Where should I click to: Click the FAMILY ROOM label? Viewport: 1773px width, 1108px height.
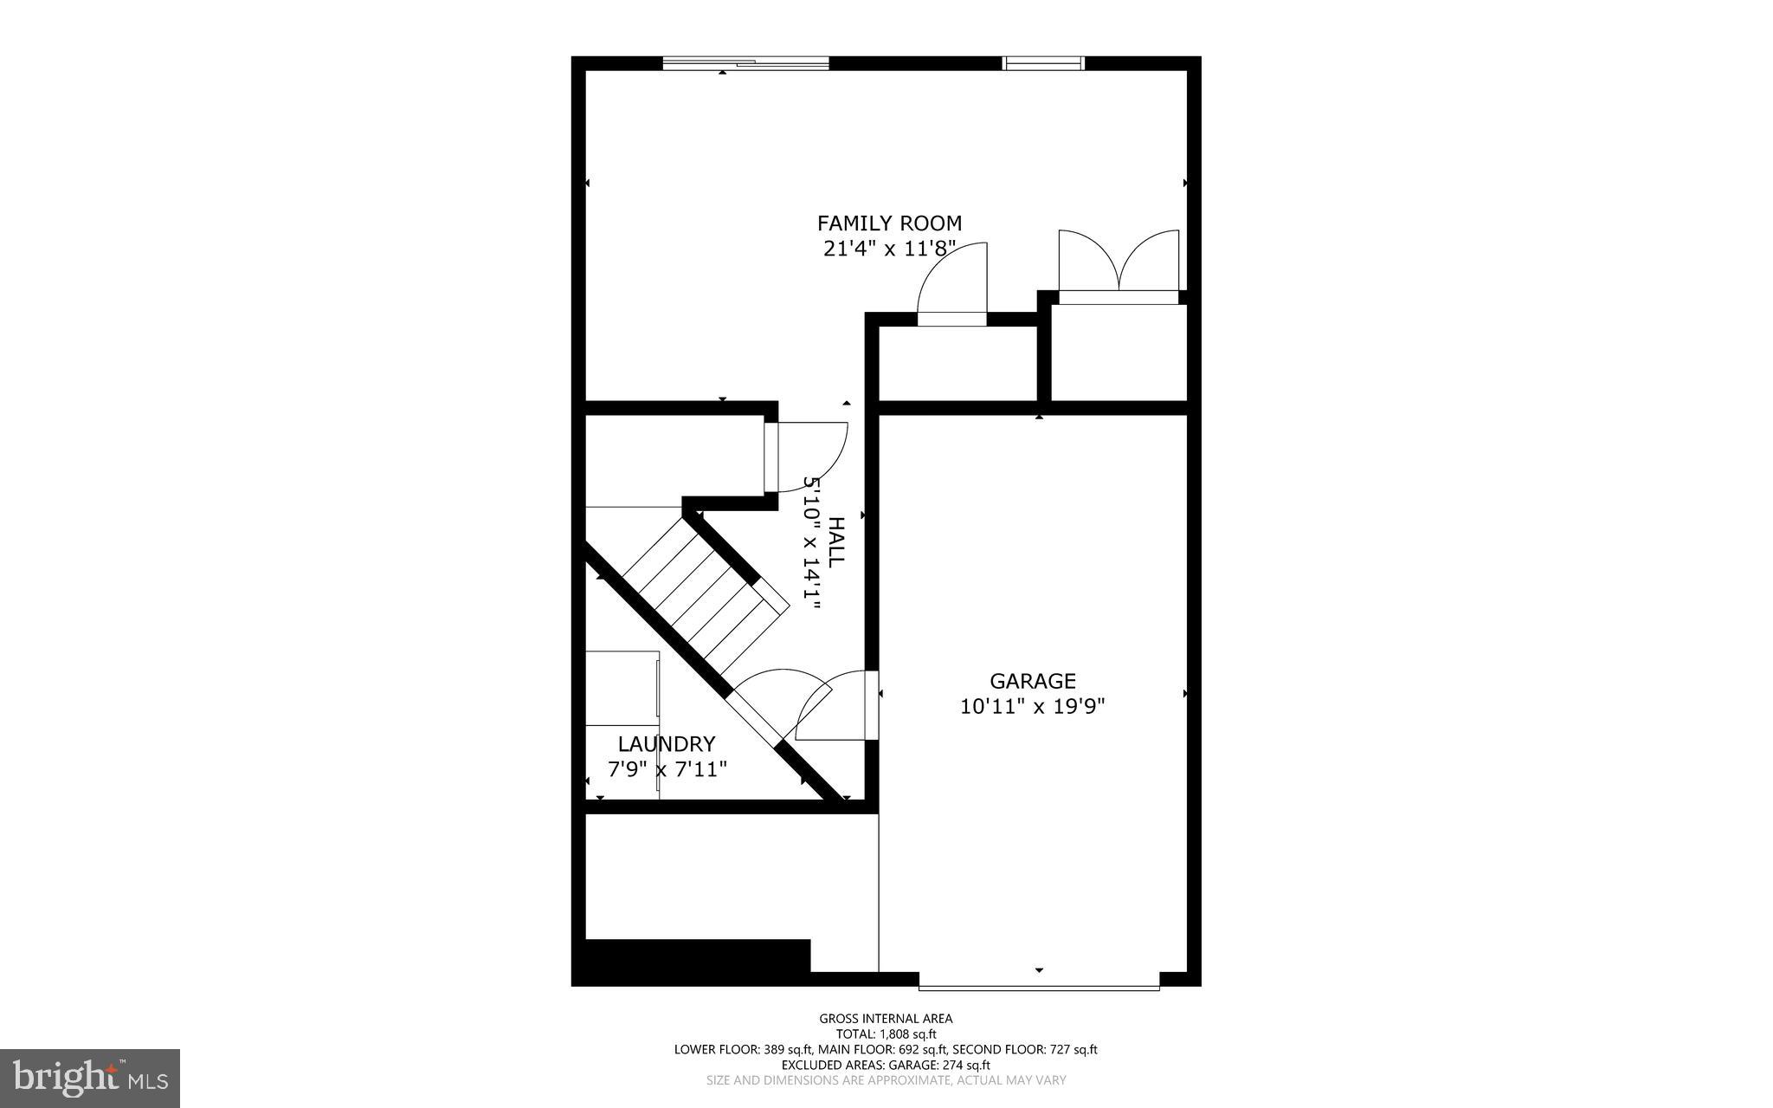tap(889, 224)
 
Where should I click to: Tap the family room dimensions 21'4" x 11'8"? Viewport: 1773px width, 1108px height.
tap(889, 249)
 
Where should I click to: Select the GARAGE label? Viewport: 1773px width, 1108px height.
tap(1032, 681)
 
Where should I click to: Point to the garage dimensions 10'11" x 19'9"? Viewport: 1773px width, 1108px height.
tap(1032, 707)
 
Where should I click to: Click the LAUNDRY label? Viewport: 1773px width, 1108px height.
tap(667, 744)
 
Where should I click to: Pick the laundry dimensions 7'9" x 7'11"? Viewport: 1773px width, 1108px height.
tap(667, 769)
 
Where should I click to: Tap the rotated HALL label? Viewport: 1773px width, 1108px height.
tap(835, 542)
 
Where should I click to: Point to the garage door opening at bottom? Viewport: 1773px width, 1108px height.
tap(1039, 987)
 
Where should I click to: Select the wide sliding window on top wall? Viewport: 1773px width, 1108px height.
tap(745, 62)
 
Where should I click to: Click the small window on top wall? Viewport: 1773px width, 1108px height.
tap(1043, 62)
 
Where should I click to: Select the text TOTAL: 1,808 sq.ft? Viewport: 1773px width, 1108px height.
tap(886, 1033)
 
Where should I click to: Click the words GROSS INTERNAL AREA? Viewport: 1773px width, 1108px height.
tap(886, 1019)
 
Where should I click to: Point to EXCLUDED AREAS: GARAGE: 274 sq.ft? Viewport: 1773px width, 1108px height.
tap(886, 1065)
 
